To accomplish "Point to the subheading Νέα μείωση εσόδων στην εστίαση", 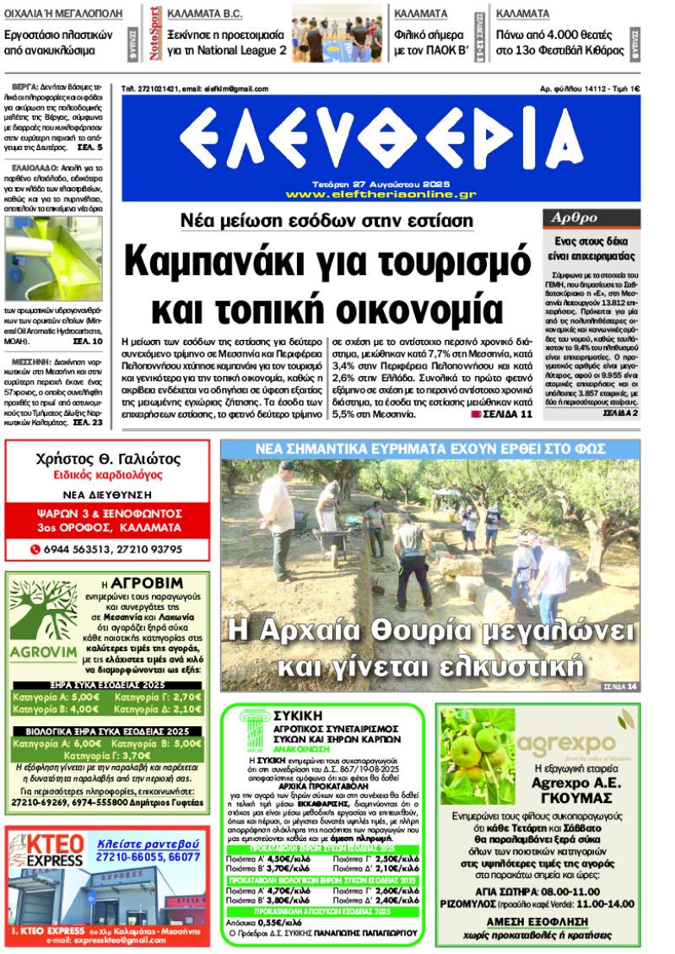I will point(327,221).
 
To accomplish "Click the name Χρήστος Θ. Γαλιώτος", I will point(109,460).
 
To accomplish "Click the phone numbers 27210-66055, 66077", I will point(148,856).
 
